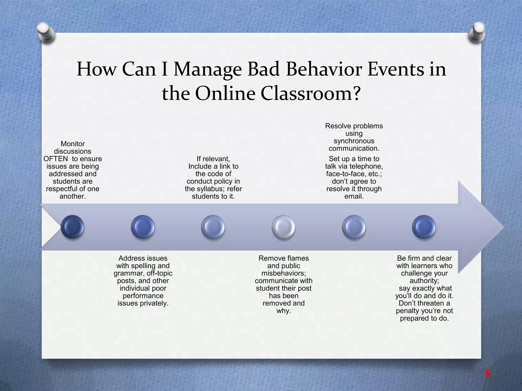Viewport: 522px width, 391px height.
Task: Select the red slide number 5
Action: pos(488,374)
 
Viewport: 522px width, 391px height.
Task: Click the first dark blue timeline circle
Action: pos(73,227)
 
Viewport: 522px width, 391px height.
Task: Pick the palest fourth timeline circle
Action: pos(283,227)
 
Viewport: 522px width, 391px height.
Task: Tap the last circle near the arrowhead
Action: pos(424,227)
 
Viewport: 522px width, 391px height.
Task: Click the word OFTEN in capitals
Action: pos(56,159)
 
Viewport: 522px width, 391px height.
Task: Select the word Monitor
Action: pos(73,144)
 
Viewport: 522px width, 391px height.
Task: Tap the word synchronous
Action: pos(354,141)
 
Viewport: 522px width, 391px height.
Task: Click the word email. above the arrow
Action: pos(354,197)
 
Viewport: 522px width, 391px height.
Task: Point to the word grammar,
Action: pos(129,273)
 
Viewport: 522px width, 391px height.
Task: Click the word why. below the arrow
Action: pos(283,311)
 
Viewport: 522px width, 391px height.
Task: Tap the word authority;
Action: pos(424,281)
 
